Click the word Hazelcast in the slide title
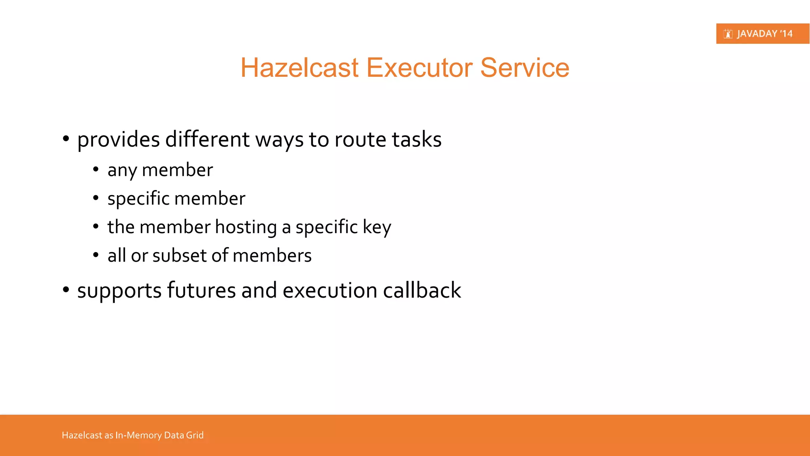coord(299,68)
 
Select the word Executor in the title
coord(419,68)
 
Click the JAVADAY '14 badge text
coord(765,34)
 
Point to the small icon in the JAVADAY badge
coord(728,34)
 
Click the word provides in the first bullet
coord(118,140)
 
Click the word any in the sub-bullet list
coord(122,171)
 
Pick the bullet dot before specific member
coord(96,198)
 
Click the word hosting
coord(246,228)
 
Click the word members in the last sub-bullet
coord(272,256)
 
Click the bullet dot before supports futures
coord(66,290)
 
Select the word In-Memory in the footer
coord(138,435)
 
